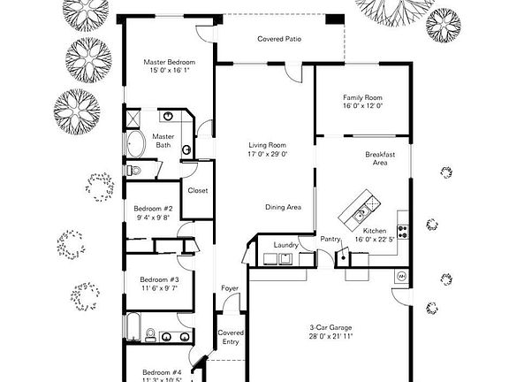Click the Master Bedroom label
170,63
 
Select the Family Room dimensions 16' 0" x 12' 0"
362,106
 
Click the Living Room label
266,145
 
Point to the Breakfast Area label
379,157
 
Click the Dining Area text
284,207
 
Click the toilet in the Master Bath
133,169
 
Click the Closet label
197,189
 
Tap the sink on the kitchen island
361,212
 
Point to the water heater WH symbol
401,276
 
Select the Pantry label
331,239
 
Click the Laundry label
285,244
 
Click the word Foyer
229,288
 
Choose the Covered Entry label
231,337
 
